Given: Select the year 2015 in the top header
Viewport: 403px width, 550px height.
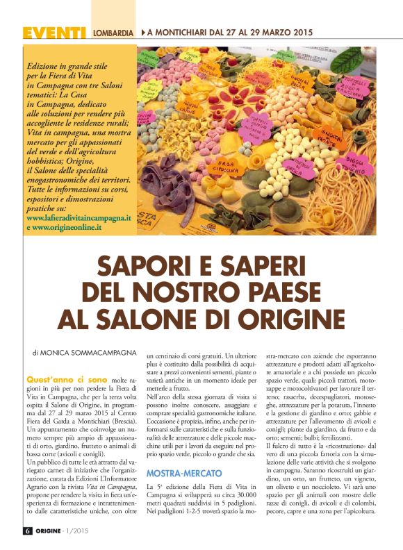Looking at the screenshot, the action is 299,33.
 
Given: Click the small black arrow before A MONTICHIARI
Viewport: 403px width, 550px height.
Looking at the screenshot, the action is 143,33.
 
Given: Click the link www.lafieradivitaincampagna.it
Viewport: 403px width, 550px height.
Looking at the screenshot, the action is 77,217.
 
